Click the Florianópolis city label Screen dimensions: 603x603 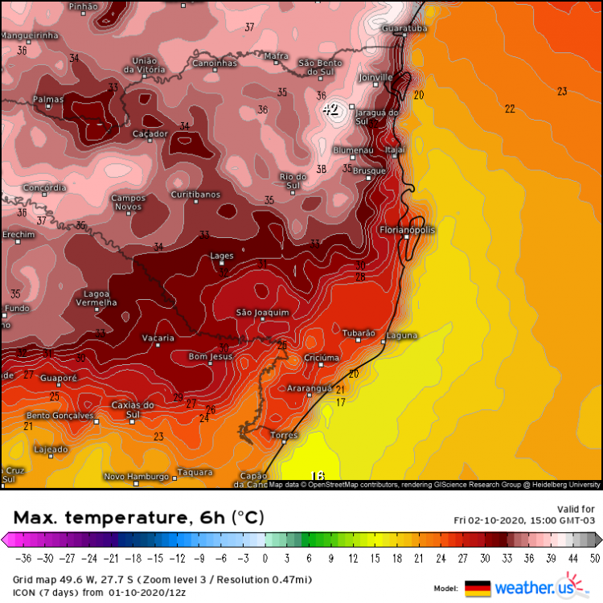(408, 230)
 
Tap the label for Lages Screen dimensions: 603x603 (222, 256)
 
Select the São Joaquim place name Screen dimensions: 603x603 (261, 312)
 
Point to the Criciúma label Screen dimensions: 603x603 (322, 357)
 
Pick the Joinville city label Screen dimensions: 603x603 (375, 78)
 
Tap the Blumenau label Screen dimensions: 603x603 (354, 150)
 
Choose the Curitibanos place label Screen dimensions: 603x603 (195, 195)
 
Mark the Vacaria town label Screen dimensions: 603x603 (158, 338)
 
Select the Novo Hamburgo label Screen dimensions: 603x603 (136, 476)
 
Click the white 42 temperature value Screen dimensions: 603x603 (330, 109)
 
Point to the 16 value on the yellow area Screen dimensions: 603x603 (318, 476)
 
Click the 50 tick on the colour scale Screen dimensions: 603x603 (593, 558)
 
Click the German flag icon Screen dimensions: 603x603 (477, 588)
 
